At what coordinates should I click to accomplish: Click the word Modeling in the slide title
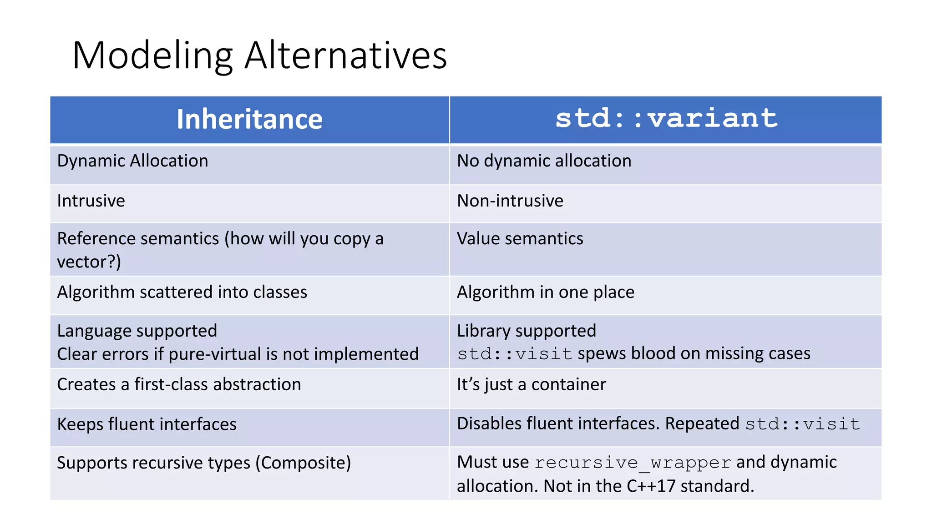point(152,55)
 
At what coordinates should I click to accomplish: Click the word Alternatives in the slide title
point(345,55)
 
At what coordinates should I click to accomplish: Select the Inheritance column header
point(249,119)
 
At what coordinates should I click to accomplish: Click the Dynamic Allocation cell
point(132,161)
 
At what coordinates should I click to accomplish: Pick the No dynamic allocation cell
point(544,161)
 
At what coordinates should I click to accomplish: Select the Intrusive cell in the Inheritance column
point(91,201)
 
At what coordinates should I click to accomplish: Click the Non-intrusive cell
point(510,201)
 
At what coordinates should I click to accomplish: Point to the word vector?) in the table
point(89,262)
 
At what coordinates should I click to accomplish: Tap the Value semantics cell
point(520,239)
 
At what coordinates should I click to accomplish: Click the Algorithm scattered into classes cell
point(182,292)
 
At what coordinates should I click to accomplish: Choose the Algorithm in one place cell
point(545,292)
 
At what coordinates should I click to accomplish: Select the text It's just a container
point(531,384)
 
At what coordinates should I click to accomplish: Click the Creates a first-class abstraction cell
point(179,384)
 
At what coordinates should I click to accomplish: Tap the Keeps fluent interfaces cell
point(147,424)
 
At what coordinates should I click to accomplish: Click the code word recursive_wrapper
point(633,463)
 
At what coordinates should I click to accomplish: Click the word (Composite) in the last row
point(303,463)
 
